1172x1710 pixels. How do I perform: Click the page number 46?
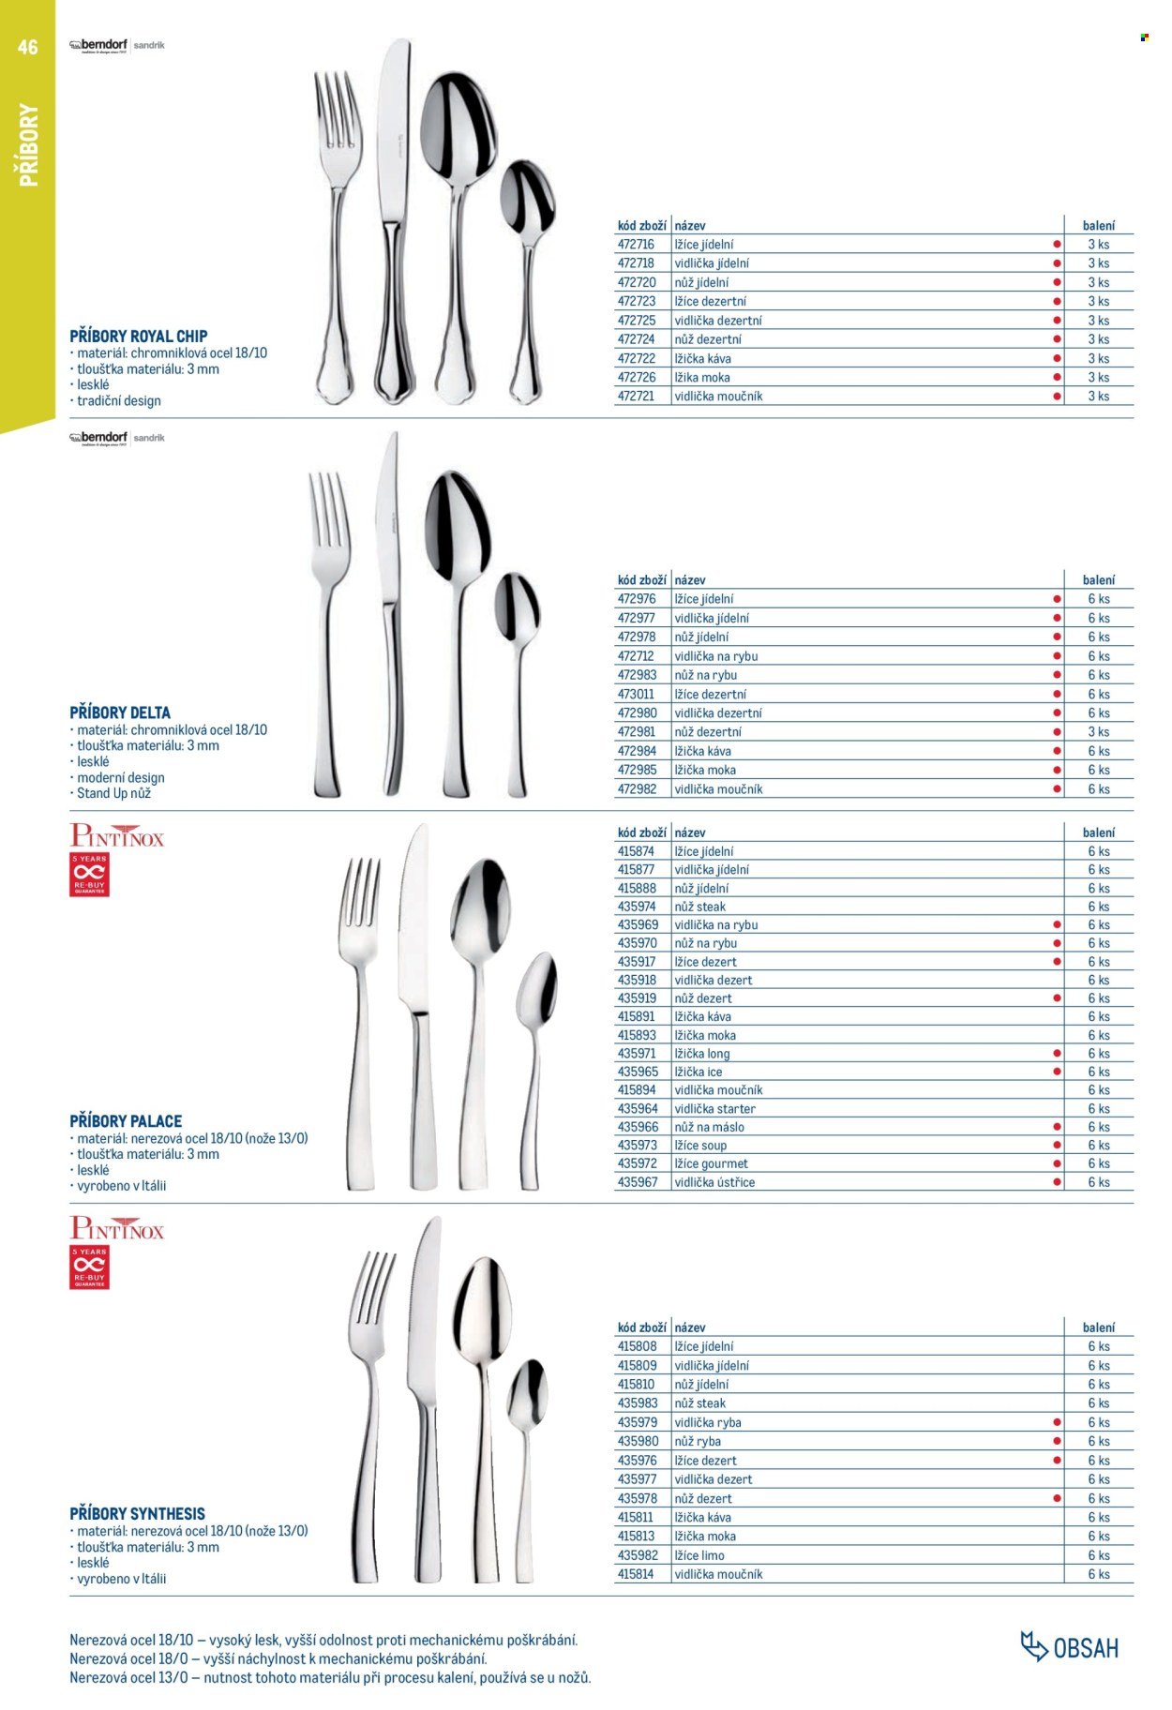tap(28, 47)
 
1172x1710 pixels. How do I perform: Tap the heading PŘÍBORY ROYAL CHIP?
tap(139, 336)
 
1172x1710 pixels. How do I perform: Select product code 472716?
tap(636, 245)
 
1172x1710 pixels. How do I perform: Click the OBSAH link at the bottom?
tap(1071, 1647)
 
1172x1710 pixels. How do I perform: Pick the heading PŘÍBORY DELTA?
tap(120, 712)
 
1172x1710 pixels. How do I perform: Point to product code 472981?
tap(637, 732)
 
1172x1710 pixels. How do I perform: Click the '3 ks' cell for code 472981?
tap(1098, 732)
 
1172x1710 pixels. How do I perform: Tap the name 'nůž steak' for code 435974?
tap(699, 907)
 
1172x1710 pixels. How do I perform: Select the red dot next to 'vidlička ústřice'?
tap(1058, 1182)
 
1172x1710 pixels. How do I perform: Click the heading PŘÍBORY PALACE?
tap(126, 1120)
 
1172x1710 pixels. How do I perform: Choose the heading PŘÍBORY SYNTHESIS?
tap(137, 1513)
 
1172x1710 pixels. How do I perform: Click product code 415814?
tap(636, 1574)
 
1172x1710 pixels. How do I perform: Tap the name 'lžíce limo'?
tap(699, 1555)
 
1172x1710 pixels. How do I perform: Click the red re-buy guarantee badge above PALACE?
tap(89, 875)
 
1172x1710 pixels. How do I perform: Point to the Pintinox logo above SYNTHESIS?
tap(117, 1228)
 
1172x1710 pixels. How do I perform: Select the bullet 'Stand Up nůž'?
tap(113, 793)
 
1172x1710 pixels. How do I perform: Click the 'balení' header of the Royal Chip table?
tap(1098, 226)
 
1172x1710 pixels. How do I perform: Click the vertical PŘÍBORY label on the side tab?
tap(28, 145)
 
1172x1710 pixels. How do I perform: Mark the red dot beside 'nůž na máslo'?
tap(1058, 1127)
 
